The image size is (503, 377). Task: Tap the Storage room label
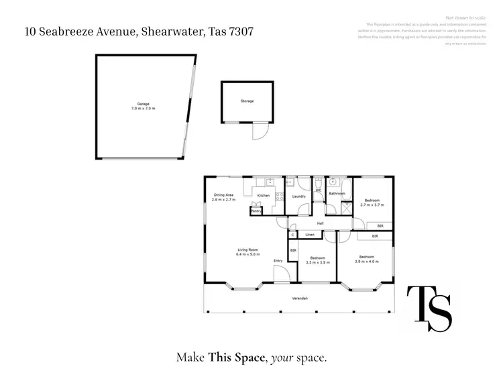point(247,101)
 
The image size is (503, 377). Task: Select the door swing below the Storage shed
point(259,132)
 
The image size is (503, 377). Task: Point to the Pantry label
point(256,211)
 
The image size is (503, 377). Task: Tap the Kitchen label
point(264,196)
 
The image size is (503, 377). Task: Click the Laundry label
point(299,197)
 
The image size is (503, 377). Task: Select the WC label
point(319,191)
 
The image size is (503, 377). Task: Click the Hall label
point(321,224)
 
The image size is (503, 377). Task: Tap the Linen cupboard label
point(310,235)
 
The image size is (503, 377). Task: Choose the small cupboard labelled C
point(292,235)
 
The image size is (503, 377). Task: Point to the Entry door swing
point(281,273)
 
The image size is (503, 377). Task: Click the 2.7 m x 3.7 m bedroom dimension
point(372,205)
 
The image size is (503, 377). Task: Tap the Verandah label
point(299,298)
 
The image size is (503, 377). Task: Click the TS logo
point(430,309)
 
